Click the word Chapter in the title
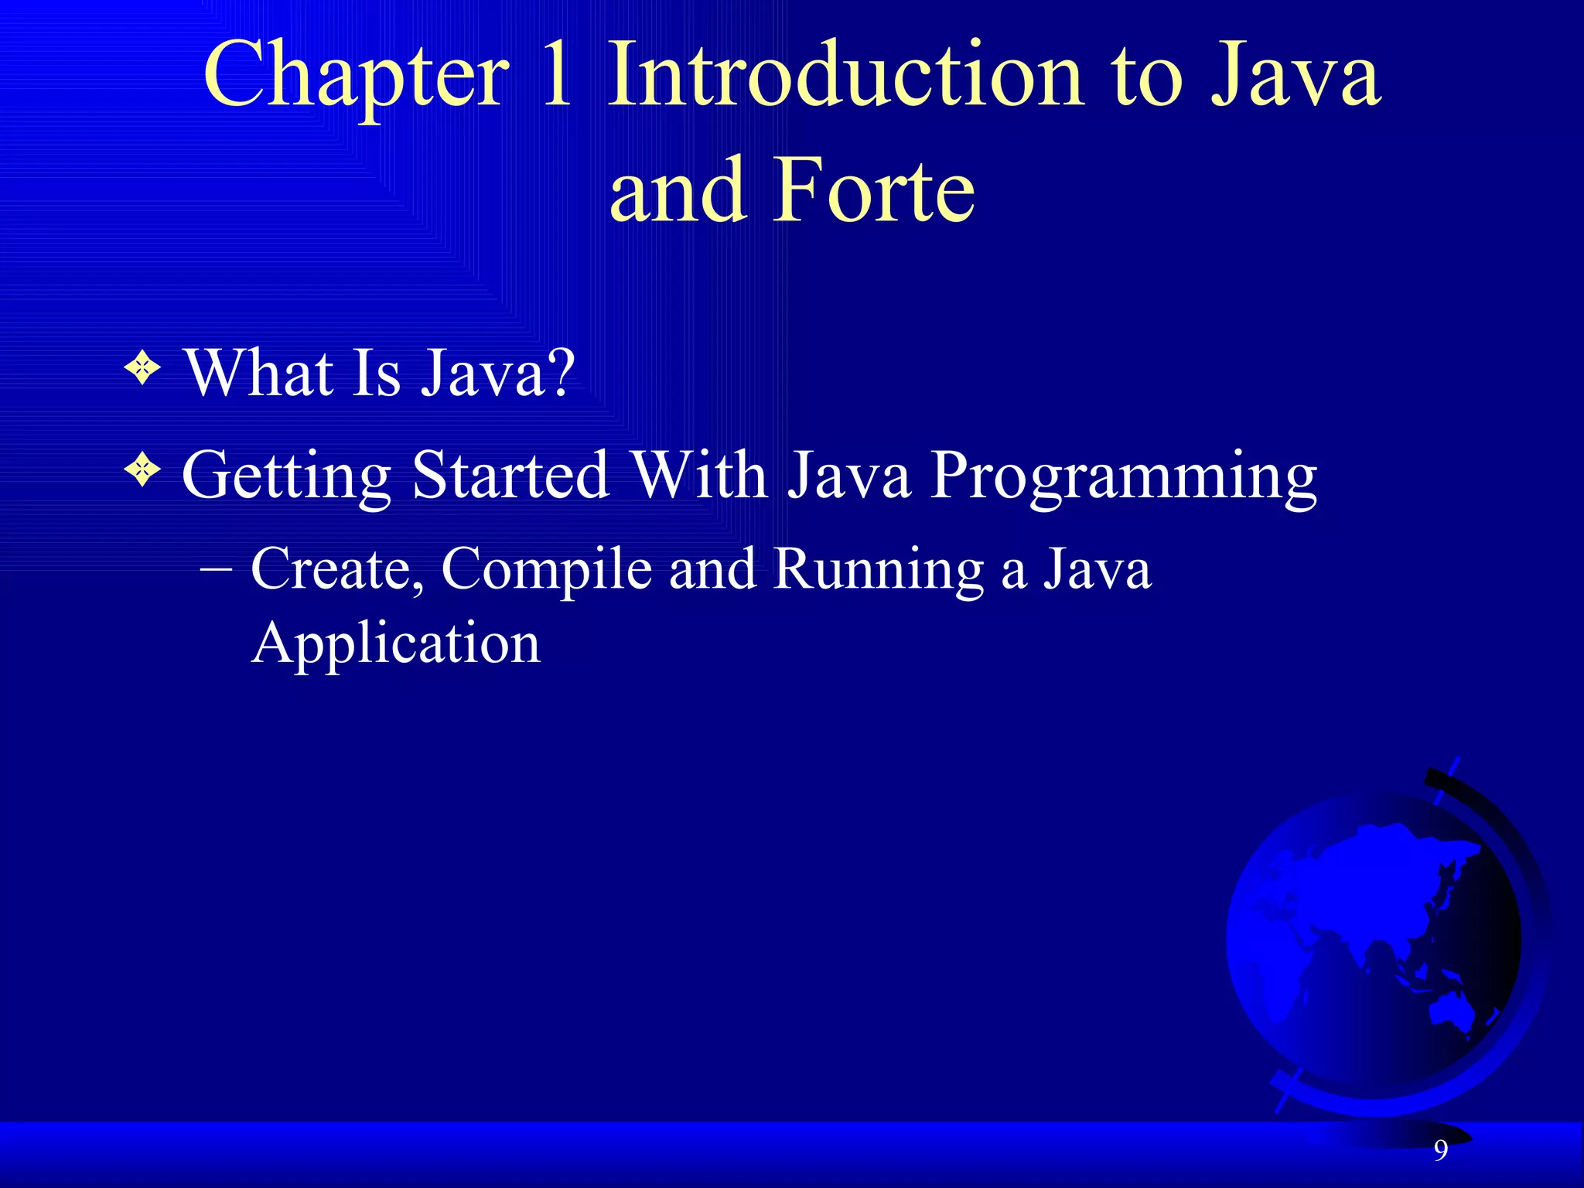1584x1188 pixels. point(357,77)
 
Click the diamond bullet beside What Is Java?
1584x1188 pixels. point(142,368)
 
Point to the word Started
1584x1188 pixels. point(510,475)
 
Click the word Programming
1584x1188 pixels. point(1123,476)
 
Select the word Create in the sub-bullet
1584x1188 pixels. point(337,569)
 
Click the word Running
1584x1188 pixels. point(878,571)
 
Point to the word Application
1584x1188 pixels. point(395,643)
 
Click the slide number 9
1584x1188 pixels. point(1441,1151)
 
